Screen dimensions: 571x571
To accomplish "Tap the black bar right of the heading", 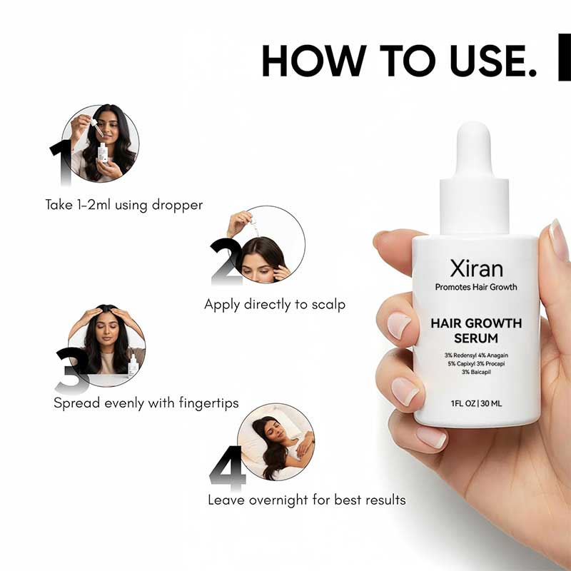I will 564,57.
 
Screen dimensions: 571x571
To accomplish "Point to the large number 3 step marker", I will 72,370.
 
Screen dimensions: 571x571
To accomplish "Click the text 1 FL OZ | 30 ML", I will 476,403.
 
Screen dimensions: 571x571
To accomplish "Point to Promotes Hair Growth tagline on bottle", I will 476,288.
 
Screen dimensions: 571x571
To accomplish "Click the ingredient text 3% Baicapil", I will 476,373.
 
